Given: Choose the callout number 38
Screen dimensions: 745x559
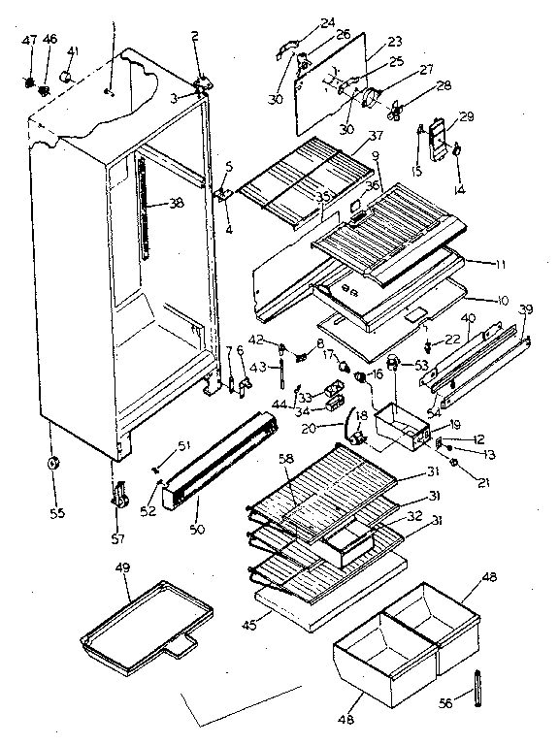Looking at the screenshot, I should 176,205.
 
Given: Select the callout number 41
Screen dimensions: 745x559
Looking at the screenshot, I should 73,51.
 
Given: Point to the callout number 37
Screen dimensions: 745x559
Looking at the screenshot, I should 376,137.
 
